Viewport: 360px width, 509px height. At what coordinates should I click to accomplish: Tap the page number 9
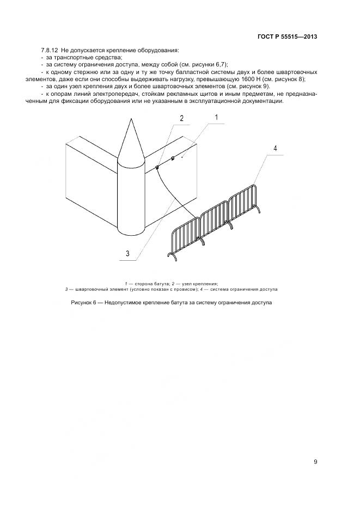[x=315, y=462]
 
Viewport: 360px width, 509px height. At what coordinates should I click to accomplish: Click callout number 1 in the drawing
[x=216, y=118]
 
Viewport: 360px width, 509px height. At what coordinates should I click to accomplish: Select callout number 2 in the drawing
[x=182, y=118]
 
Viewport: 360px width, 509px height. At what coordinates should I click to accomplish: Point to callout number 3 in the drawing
[x=127, y=253]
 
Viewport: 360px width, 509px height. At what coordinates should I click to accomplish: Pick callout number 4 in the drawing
[x=276, y=148]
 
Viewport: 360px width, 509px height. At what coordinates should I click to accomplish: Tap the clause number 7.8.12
[x=50, y=50]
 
